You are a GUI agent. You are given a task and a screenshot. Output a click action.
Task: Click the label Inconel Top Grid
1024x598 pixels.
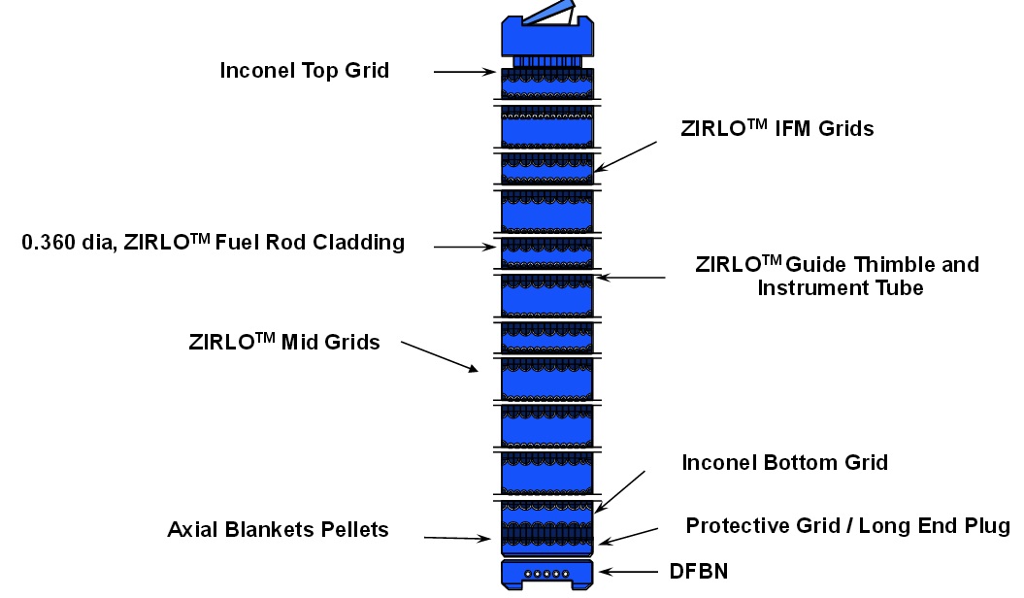304,71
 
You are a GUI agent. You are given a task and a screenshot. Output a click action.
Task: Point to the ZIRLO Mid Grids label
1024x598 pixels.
284,342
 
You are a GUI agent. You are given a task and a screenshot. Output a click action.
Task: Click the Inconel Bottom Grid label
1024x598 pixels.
784,462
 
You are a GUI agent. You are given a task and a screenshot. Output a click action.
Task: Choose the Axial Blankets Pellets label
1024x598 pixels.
278,530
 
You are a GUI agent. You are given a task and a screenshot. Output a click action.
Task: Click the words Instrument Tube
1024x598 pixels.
840,287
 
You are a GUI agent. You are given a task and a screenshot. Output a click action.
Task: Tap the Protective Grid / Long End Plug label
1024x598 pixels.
847,526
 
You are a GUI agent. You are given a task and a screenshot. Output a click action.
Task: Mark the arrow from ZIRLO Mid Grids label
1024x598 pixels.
440,356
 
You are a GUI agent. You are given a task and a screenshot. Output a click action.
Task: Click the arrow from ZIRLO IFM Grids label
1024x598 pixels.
626,156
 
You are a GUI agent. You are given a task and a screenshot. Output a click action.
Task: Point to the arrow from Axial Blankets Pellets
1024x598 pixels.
458,538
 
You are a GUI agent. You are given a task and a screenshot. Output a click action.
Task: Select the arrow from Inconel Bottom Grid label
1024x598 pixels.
621,492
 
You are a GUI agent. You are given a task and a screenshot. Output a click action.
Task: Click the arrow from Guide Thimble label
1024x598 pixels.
631,278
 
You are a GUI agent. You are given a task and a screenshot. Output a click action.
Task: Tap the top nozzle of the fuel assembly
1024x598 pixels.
546,41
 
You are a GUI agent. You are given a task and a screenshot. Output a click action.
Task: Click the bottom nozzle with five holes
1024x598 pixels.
548,574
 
